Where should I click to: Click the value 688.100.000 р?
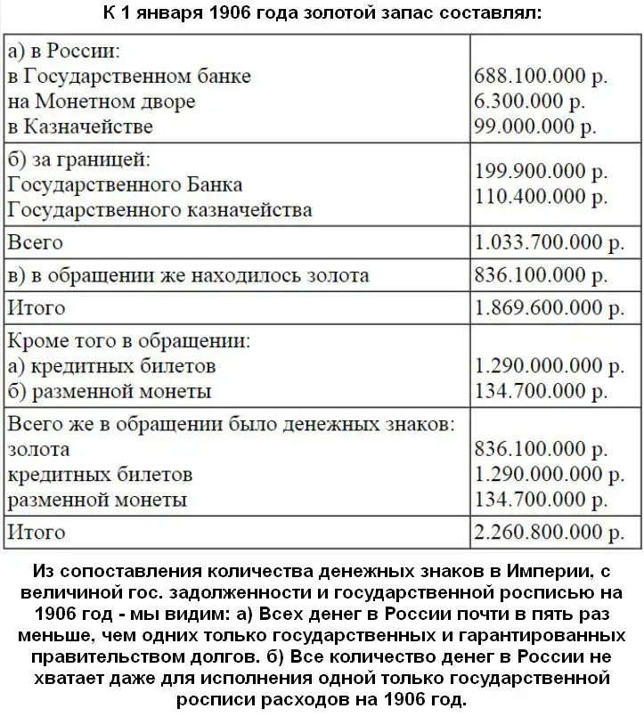pos(542,77)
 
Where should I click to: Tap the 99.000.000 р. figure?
pos(535,126)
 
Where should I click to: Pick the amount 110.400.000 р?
pos(542,195)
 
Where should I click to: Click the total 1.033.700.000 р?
pos(550,242)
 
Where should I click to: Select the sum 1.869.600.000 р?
pos(550,308)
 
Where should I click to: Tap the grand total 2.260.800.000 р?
pos(550,533)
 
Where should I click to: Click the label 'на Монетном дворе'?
pos(101,102)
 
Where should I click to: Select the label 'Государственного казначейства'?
pos(159,210)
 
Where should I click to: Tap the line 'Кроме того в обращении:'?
pos(128,340)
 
